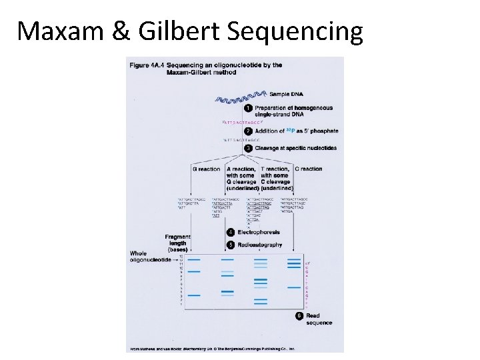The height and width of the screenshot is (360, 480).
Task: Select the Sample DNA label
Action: (285, 94)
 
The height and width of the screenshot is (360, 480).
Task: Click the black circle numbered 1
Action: (248, 108)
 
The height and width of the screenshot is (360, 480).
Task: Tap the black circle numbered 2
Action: (248, 131)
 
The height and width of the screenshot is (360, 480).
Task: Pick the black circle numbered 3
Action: (248, 148)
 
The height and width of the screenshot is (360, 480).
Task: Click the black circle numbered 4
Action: (231, 232)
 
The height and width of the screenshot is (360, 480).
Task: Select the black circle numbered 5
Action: (231, 245)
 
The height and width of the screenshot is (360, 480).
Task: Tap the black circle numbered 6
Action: (299, 315)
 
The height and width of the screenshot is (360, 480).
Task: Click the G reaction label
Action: (206, 169)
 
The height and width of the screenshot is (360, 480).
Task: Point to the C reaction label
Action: (308, 169)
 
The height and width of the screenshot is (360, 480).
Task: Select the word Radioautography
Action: (260, 245)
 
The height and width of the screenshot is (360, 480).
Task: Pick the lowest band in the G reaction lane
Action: (194, 295)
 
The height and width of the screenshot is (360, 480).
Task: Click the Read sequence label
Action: (319, 319)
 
